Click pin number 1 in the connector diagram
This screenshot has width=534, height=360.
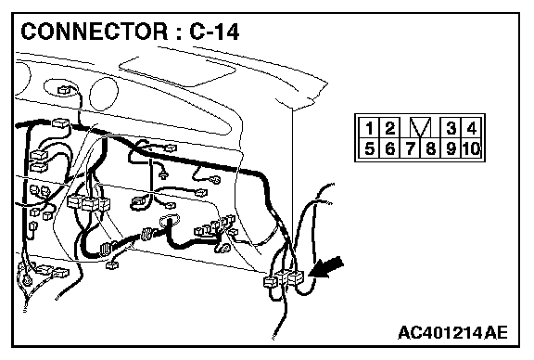click(369, 128)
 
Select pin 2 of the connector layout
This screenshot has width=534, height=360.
click(389, 128)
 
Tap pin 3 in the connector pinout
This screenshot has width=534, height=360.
click(451, 128)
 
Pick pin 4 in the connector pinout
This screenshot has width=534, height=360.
click(471, 128)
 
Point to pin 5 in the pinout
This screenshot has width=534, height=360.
click(369, 148)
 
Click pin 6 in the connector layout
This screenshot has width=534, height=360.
click(389, 148)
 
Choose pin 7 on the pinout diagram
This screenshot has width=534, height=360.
click(411, 148)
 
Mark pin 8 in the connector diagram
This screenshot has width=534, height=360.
click(430, 148)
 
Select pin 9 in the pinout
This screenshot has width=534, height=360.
click(451, 148)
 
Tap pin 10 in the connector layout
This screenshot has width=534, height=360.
click(472, 148)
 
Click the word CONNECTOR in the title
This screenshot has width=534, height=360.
click(95, 32)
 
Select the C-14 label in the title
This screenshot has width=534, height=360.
click(214, 32)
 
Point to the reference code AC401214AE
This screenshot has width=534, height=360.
click(452, 332)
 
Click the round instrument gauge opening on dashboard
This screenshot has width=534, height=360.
click(104, 94)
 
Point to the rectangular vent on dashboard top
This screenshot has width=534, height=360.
click(177, 72)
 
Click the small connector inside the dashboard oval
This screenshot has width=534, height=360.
click(64, 90)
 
